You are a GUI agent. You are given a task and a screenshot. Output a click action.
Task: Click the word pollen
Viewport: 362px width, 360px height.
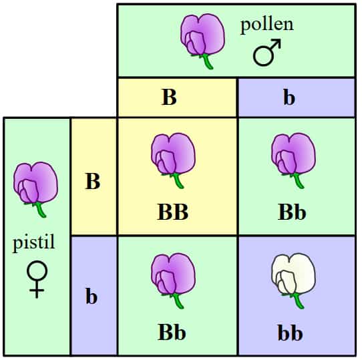267,26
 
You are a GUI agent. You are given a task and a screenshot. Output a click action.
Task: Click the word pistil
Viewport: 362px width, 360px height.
33,242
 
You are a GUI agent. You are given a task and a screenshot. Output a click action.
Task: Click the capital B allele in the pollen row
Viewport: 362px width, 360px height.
169,98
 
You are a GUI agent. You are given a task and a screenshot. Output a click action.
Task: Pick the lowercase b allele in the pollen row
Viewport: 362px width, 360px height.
289,98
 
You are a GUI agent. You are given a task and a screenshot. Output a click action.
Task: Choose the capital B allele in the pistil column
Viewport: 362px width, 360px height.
93,181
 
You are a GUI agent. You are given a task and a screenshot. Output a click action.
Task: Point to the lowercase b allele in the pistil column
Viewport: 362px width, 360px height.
92,296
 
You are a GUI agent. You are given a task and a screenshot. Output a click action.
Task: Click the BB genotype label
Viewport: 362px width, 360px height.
173,212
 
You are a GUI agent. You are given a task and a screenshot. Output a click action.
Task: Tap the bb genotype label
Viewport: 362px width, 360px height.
290,333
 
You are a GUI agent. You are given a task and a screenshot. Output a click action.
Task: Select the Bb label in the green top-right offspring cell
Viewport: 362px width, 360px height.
292,212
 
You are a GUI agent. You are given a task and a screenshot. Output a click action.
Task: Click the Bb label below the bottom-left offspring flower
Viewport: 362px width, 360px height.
172,332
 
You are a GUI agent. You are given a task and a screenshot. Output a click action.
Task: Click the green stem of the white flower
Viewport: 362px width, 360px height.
297,301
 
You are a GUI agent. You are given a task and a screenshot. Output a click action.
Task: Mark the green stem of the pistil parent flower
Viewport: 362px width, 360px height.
39,210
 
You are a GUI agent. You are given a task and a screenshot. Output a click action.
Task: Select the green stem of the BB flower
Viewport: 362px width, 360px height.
177,180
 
